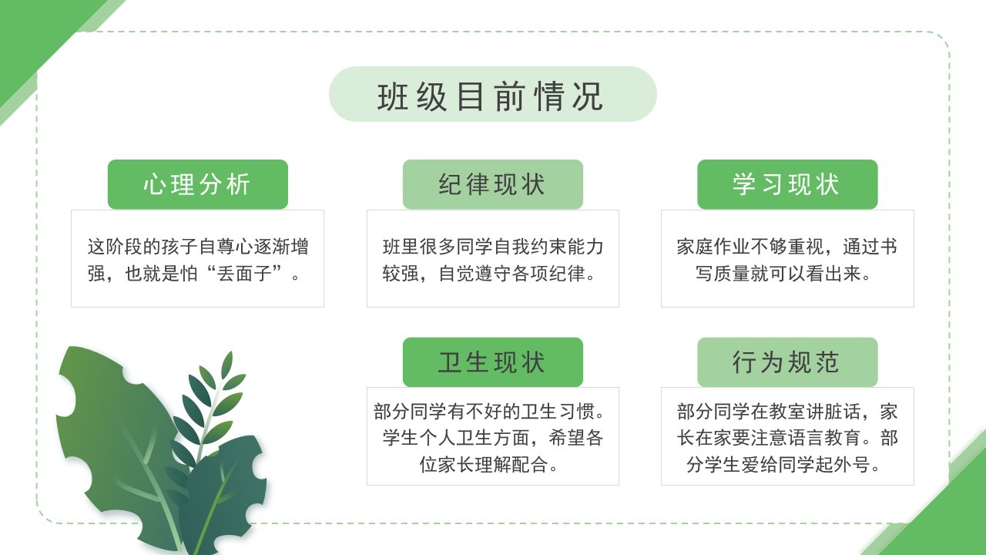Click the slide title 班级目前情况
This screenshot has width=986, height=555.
tap(491, 96)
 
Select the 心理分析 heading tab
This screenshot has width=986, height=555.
tap(198, 184)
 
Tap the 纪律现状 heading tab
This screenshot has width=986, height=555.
tap(492, 184)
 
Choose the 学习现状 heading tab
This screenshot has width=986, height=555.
tap(787, 184)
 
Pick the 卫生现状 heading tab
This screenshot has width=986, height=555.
tap(492, 362)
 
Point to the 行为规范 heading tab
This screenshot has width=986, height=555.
tap(787, 362)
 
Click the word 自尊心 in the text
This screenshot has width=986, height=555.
tap(226, 247)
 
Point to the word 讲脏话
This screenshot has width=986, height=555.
tap(833, 412)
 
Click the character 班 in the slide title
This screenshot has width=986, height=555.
tap(393, 96)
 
